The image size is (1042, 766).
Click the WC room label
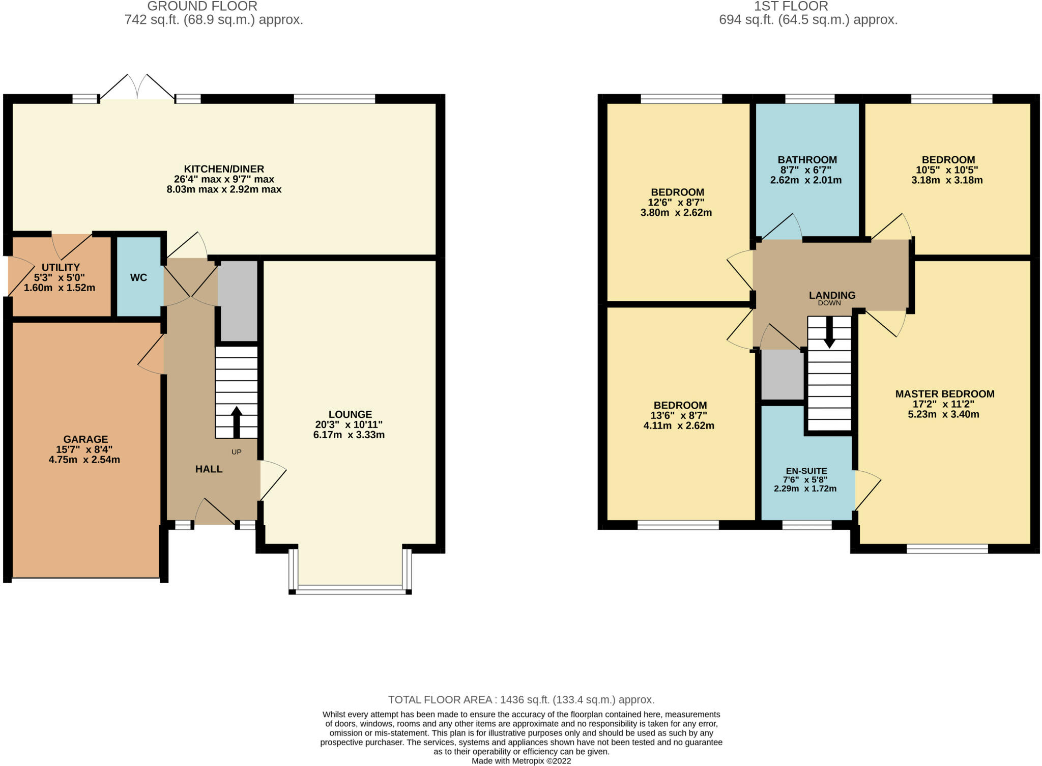pyautogui.click(x=138, y=277)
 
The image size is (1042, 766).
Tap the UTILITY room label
pyautogui.click(x=61, y=267)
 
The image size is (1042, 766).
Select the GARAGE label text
pyautogui.click(x=85, y=439)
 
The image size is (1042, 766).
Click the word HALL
pyautogui.click(x=209, y=469)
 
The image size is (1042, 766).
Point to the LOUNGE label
pyautogui.click(x=350, y=414)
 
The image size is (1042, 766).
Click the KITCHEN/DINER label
pyautogui.click(x=224, y=169)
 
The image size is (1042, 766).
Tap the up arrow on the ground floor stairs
pyautogui.click(x=237, y=422)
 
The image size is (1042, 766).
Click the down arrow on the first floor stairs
pyautogui.click(x=829, y=332)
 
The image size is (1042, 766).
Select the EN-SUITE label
pyautogui.click(x=806, y=471)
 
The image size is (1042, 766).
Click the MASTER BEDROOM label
pyautogui.click(x=945, y=393)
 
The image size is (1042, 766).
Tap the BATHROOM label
pyautogui.click(x=807, y=160)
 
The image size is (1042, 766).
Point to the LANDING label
pyautogui.click(x=832, y=295)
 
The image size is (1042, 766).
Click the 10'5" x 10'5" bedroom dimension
pyautogui.click(x=947, y=170)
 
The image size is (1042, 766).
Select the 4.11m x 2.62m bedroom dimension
pyautogui.click(x=679, y=425)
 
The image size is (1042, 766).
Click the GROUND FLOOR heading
pyautogui.click(x=202, y=7)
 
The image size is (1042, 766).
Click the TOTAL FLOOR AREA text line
pyautogui.click(x=521, y=700)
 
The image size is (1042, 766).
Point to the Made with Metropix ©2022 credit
pyautogui.click(x=521, y=761)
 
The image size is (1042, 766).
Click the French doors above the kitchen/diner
pyautogui.click(x=137, y=87)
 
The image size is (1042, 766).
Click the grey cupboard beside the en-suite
pyautogui.click(x=783, y=375)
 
